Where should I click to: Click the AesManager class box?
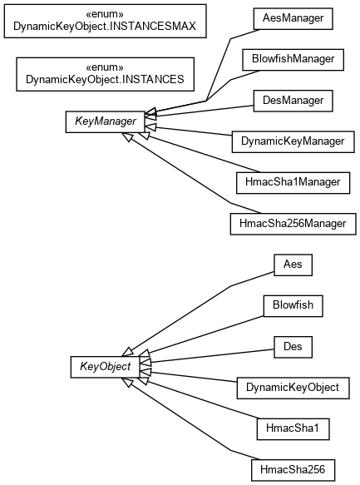click(x=293, y=19)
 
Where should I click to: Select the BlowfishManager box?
click(x=293, y=60)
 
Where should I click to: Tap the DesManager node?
click(x=293, y=101)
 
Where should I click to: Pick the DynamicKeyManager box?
click(x=293, y=141)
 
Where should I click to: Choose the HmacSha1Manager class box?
click(x=293, y=183)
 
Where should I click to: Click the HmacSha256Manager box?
click(x=293, y=224)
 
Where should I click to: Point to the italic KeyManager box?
click(x=105, y=121)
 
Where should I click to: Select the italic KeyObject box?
click(x=105, y=367)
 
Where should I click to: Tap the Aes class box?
click(x=293, y=265)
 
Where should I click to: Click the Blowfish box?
click(x=293, y=306)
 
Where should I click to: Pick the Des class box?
click(x=293, y=347)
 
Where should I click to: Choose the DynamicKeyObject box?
click(x=293, y=388)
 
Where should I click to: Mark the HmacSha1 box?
click(x=293, y=429)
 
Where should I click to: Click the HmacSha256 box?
click(x=293, y=470)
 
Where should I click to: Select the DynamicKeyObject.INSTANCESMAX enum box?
click(x=105, y=21)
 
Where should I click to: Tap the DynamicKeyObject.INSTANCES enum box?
click(x=105, y=74)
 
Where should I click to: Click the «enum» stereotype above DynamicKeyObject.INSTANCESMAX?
click(x=105, y=14)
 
